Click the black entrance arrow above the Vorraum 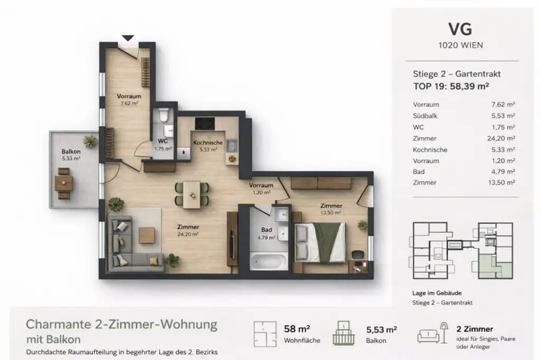(x=128, y=38)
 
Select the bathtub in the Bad (x=268, y=261)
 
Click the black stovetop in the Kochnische (x=204, y=124)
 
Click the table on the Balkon (x=64, y=182)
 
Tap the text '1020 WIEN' (x=460, y=45)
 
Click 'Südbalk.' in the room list (x=426, y=116)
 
